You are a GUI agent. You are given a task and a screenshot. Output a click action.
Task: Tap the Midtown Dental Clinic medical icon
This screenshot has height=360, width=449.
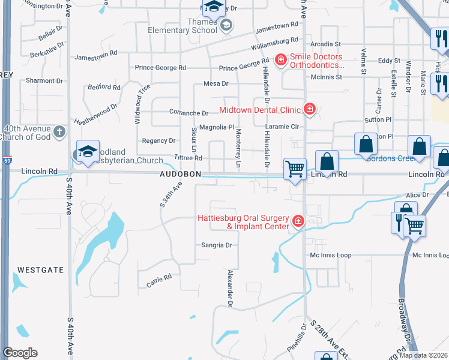coord(310,109)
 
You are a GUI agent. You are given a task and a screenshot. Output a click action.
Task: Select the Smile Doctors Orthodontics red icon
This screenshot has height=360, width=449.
coord(280,59)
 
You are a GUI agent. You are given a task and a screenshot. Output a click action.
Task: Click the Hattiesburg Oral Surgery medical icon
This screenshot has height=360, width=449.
coord(297,223)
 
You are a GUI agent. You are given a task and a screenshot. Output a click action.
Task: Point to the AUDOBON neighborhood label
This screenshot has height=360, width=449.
coord(180,175)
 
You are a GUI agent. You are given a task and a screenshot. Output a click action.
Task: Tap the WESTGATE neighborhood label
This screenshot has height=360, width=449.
coord(40,270)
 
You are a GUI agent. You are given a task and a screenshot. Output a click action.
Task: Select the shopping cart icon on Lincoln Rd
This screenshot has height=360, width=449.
coord(295,169)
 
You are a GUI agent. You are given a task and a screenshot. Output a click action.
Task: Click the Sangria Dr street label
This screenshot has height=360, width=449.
coord(216,245)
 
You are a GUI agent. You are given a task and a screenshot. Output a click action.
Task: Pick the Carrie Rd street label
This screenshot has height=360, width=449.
coord(159,280)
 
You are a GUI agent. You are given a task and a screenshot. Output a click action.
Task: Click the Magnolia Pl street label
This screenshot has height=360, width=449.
coord(217,127)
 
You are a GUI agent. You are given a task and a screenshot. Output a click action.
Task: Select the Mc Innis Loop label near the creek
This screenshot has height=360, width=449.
coord(330,256)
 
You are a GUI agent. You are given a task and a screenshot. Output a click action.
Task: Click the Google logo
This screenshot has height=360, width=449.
coord(20,353)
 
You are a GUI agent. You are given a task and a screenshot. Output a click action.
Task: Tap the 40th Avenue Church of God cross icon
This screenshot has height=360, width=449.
coord(59,131)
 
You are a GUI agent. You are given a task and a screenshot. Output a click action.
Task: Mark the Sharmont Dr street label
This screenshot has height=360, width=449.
coord(44,80)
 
